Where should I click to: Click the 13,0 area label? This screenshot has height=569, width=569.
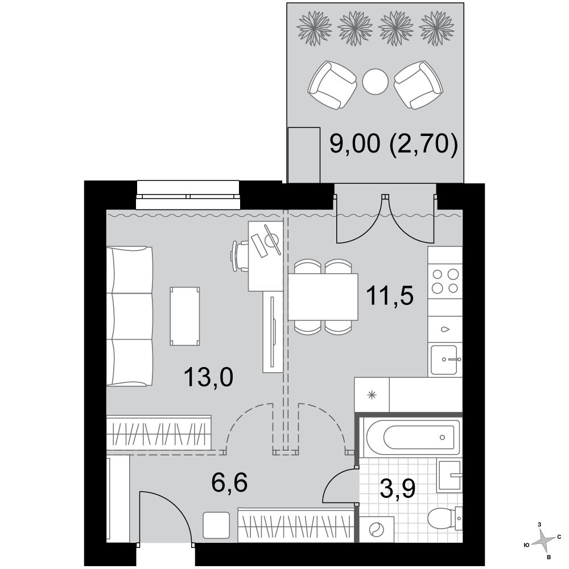(x=208, y=377)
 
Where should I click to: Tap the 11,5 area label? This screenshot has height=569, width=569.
(x=390, y=295)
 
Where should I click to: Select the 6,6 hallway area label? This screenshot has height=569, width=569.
(x=229, y=483)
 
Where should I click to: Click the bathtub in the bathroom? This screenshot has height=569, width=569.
(x=414, y=437)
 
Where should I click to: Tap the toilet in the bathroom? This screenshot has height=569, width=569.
(x=445, y=519)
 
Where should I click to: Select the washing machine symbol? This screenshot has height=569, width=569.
(x=376, y=530)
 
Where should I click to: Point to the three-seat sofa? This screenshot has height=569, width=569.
(x=130, y=316)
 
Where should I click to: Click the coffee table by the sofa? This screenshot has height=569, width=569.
(x=185, y=316)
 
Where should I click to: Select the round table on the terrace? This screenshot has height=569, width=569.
(x=375, y=81)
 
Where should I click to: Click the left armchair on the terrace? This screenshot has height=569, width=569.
(x=332, y=85)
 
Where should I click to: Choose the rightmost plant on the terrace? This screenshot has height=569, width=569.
(x=436, y=28)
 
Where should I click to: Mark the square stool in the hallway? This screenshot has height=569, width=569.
(x=216, y=525)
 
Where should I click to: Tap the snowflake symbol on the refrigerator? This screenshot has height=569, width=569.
(x=372, y=395)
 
